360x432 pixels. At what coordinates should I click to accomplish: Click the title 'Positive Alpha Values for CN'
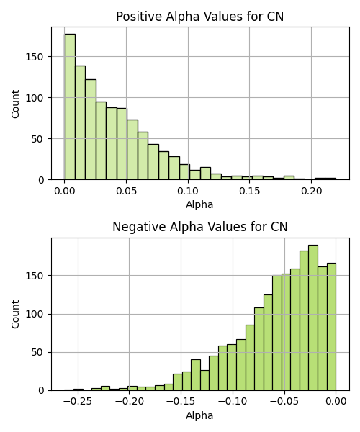click(199, 17)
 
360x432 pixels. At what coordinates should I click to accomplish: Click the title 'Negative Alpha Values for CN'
click(200, 227)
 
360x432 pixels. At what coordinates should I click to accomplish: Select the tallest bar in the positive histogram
click(70, 107)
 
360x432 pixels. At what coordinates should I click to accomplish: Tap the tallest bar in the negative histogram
click(313, 318)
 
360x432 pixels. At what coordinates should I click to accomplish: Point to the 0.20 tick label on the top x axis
click(312, 191)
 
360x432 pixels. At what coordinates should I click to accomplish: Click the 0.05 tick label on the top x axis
click(127, 191)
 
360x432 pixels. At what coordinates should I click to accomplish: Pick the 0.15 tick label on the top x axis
click(250, 191)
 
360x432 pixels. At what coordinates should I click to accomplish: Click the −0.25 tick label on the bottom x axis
click(78, 402)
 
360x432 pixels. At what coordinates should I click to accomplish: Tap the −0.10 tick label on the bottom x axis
click(233, 402)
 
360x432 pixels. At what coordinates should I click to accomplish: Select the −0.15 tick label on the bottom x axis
click(181, 402)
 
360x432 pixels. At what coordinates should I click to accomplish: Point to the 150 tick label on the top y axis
click(35, 57)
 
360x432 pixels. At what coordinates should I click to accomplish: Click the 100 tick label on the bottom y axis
click(35, 315)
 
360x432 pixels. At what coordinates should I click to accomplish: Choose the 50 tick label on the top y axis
click(37, 139)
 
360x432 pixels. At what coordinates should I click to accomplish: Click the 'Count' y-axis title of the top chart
click(15, 104)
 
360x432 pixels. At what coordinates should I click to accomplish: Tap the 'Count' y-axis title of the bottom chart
click(15, 315)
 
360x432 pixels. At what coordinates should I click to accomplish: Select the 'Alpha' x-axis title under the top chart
click(199, 204)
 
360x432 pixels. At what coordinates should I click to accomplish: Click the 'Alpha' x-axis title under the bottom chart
click(199, 415)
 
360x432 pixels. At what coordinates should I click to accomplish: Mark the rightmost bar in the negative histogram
click(331, 327)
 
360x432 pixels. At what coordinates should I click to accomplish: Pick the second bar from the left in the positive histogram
click(80, 122)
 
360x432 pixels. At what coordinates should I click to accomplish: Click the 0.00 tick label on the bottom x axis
click(336, 402)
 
